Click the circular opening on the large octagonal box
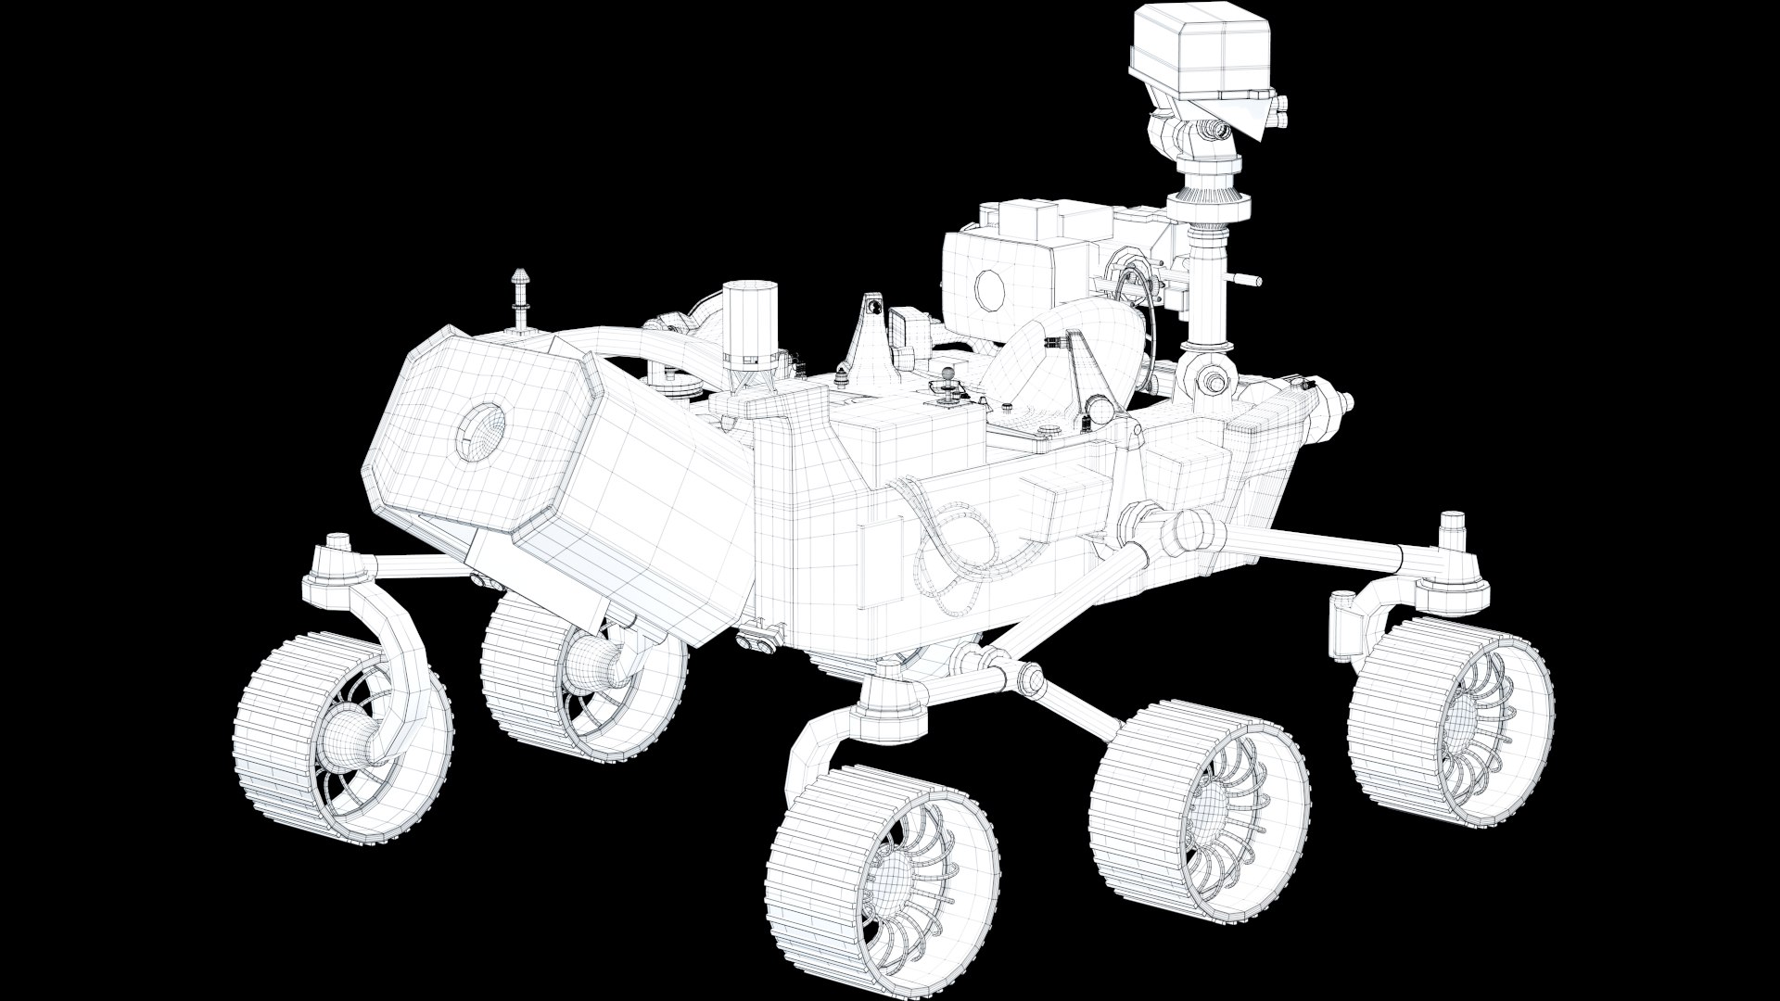pyautogui.click(x=480, y=433)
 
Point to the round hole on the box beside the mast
pyautogui.click(x=990, y=288)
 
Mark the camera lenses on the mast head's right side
pyautogui.click(x=1279, y=111)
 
